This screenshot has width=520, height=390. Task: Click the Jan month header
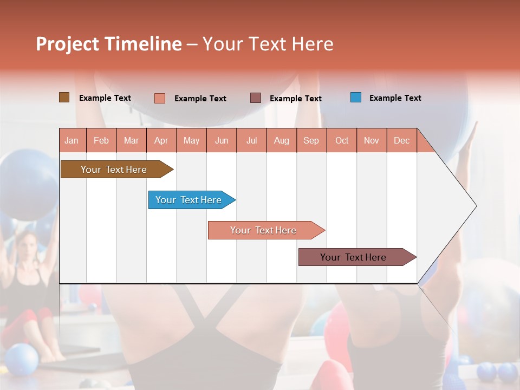point(71,140)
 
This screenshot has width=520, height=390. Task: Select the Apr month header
point(161,140)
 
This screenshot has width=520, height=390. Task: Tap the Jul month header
point(251,140)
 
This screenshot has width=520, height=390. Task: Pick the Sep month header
point(311,140)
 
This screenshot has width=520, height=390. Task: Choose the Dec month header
point(401,140)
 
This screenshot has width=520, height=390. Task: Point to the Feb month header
point(101,140)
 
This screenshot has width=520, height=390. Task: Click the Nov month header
point(371,140)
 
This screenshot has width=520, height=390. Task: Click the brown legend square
point(64,97)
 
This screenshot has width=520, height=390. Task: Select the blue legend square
point(356,97)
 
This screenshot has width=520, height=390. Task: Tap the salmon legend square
point(160,98)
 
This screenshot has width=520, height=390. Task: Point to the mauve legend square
point(256,97)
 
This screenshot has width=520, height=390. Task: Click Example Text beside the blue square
point(395,98)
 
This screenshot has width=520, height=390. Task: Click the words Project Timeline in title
point(109,44)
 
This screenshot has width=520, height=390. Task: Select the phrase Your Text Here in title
point(268,44)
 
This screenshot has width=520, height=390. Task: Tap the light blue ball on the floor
point(21,359)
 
